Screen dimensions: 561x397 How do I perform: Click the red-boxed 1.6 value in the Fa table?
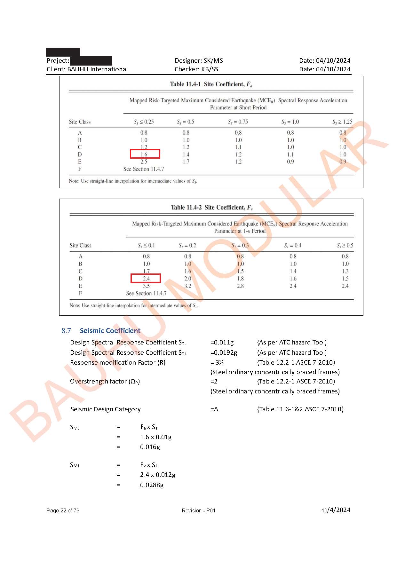(x=145, y=154)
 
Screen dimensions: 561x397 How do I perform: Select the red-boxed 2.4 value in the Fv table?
(x=146, y=278)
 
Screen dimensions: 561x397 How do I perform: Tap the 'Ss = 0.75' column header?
(x=238, y=122)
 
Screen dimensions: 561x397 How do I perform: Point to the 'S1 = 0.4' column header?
(x=293, y=246)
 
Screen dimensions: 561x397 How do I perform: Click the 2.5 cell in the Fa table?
(x=144, y=162)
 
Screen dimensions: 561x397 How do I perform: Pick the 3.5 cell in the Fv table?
(x=146, y=286)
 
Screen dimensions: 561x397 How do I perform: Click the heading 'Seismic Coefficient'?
(x=110, y=330)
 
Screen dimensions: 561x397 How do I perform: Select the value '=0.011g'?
(x=222, y=342)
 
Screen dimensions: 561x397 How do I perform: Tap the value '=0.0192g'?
(x=224, y=352)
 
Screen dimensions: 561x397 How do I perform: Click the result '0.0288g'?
(x=152, y=485)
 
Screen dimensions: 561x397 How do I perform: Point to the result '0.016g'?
(x=150, y=447)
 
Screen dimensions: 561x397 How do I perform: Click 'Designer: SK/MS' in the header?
(x=199, y=60)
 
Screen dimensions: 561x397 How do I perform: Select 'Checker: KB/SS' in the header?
(x=196, y=69)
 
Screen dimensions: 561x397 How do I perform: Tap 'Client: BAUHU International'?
(x=87, y=69)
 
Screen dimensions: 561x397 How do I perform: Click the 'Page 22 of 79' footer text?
(x=63, y=510)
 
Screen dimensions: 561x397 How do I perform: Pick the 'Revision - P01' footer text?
(x=198, y=510)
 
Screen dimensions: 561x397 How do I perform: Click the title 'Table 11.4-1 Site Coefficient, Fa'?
(x=211, y=84)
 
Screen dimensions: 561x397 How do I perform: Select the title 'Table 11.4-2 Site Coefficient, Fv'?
(x=211, y=208)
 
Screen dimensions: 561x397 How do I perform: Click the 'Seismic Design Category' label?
(x=106, y=409)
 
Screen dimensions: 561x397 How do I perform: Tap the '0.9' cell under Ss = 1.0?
(x=290, y=162)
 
